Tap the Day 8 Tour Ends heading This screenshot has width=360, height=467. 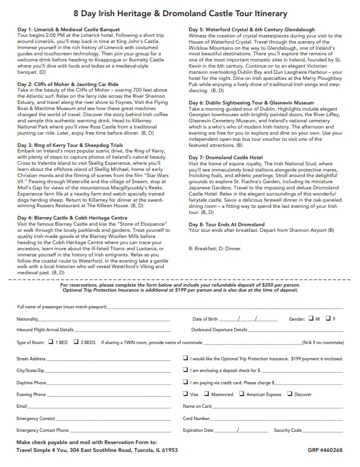point(226,224)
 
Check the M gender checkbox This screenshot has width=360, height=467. point(311,318)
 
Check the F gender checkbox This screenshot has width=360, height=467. point(328,318)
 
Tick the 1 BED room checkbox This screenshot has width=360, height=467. point(51,341)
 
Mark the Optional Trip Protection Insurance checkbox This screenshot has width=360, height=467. point(186,358)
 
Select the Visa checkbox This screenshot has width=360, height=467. point(186,394)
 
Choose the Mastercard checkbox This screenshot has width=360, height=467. point(207,394)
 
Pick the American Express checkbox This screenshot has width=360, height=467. point(242,394)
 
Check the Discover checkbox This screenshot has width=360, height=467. point(290,394)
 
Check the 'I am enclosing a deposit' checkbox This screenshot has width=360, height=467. point(186,370)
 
